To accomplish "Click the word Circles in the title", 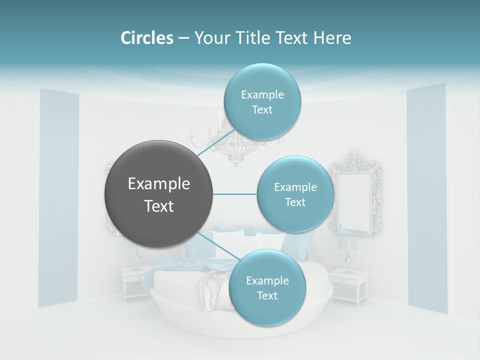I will click(147, 38).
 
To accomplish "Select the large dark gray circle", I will click(158, 194).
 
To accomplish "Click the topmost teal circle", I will click(262, 101).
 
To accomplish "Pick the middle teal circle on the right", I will click(295, 194).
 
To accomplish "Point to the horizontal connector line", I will click(234, 194).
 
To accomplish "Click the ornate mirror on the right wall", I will click(355, 192).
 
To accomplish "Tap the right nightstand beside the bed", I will click(348, 285).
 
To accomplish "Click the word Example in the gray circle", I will click(158, 184).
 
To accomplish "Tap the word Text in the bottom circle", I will click(267, 295).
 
